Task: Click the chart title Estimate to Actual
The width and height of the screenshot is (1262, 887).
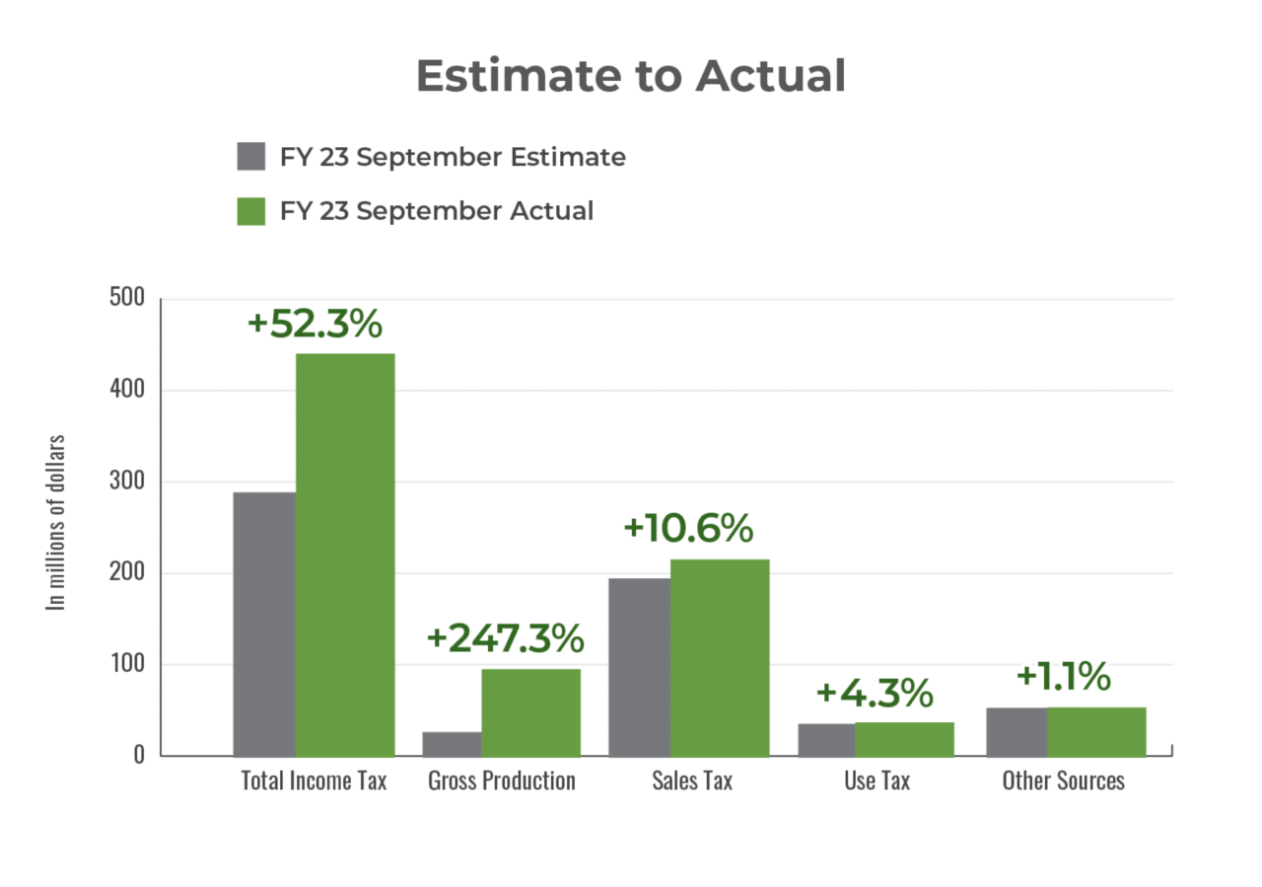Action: coord(630,76)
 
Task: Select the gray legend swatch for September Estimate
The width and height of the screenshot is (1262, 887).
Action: coord(251,157)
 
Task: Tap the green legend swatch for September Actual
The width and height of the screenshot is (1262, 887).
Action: coord(251,211)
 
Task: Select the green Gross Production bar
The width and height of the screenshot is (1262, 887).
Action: coord(530,712)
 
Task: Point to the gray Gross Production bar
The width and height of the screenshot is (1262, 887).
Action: coord(451,744)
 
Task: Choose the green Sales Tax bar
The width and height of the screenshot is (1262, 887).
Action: coord(720,657)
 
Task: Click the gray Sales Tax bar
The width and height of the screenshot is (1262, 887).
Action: coord(638,667)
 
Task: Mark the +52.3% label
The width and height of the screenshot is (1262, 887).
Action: coord(315,325)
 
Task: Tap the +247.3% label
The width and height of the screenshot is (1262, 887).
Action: coord(505,638)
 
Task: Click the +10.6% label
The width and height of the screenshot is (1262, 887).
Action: coord(688,529)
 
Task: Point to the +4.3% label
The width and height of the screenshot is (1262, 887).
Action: coord(875,693)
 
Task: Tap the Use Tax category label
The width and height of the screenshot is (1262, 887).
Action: coord(876,780)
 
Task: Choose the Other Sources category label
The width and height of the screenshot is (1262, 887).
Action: coord(1063,780)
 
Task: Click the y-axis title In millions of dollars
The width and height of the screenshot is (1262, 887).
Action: coord(57,523)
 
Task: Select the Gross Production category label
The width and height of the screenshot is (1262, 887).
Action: coord(501,780)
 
